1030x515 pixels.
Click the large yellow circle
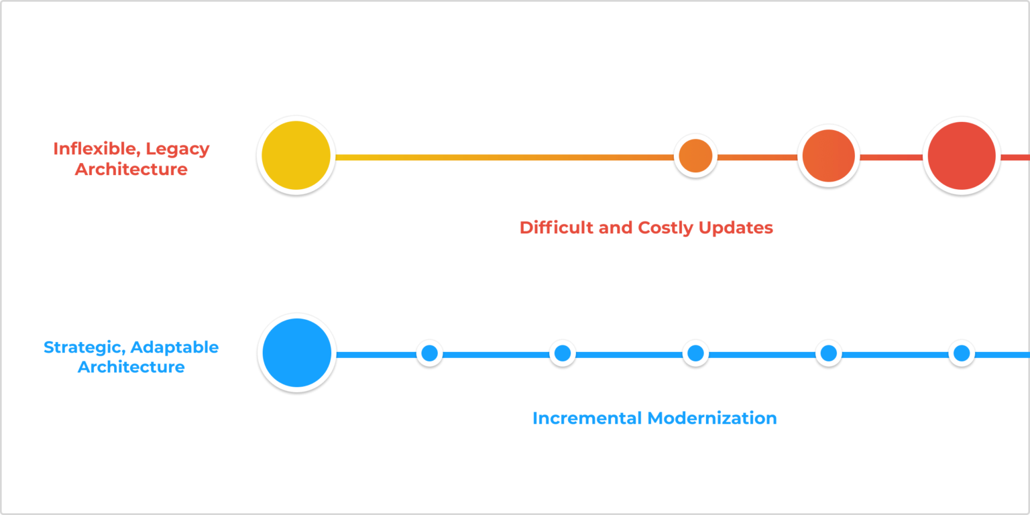(296, 156)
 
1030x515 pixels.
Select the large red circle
(962, 156)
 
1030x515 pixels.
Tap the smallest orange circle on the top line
(695, 156)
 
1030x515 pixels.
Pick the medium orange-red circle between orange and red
(828, 156)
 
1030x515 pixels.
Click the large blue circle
(296, 353)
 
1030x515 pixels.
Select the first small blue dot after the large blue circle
(429, 353)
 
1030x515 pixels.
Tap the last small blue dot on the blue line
(962, 353)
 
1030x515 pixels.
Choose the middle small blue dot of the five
(695, 353)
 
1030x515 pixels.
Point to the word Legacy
(178, 149)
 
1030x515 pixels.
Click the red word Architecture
(131, 169)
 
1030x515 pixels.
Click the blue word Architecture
(131, 367)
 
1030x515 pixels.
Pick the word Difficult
(557, 227)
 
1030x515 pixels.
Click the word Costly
(666, 228)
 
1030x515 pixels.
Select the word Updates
(736, 228)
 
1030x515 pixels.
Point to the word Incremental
(587, 418)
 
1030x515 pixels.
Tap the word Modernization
(712, 418)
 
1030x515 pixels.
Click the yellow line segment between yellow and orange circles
(503, 157)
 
